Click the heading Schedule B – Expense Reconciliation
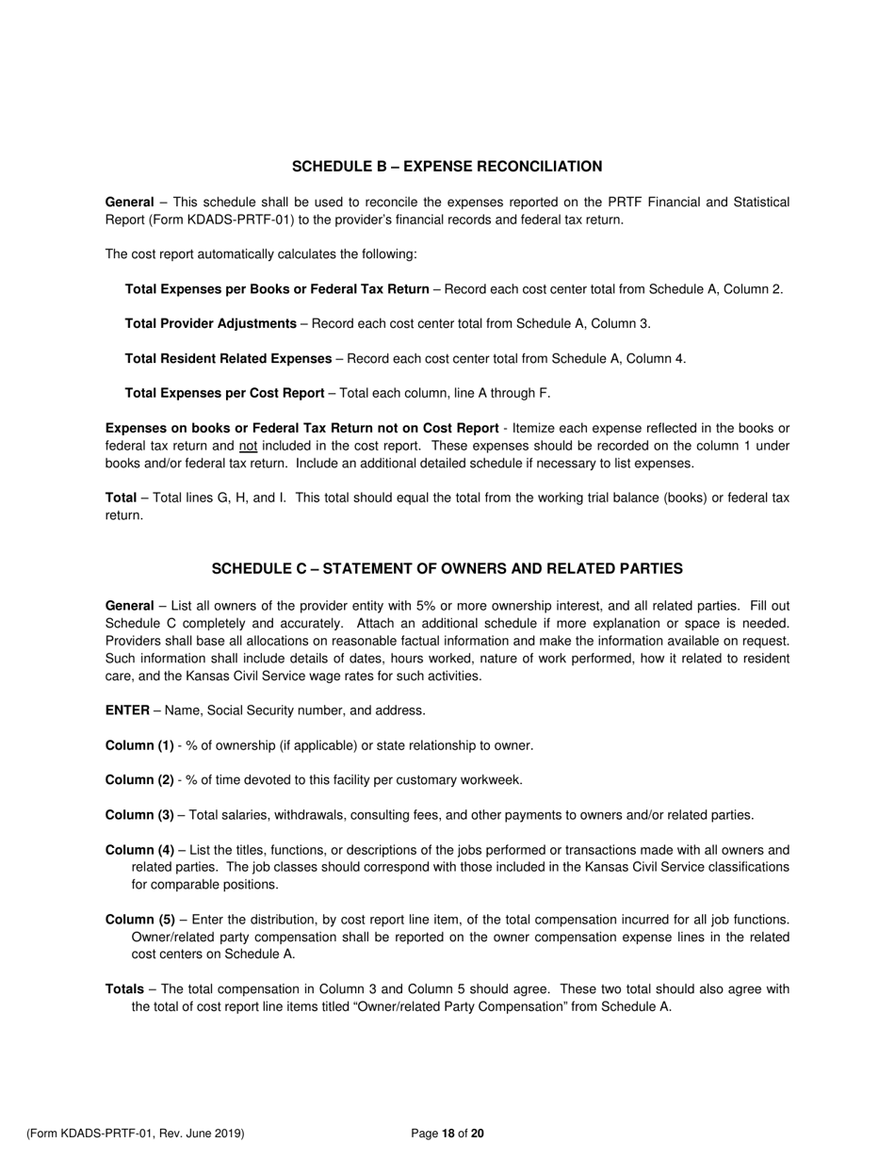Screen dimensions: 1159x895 click(x=447, y=167)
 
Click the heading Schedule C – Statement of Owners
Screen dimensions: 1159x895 click(x=447, y=569)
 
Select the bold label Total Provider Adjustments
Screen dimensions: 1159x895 click(x=210, y=324)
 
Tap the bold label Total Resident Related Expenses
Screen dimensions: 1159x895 click(x=228, y=359)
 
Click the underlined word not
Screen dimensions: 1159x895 click(x=248, y=447)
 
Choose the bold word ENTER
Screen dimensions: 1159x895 click(x=127, y=711)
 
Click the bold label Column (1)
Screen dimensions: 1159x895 click(x=139, y=746)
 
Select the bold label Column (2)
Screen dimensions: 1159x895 click(x=139, y=780)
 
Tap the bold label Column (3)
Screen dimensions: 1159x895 click(x=139, y=815)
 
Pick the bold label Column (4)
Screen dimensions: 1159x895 click(x=139, y=850)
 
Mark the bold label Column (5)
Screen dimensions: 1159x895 click(x=139, y=920)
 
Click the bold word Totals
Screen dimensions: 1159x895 click(x=124, y=989)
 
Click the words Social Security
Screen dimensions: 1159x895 click(x=244, y=711)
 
